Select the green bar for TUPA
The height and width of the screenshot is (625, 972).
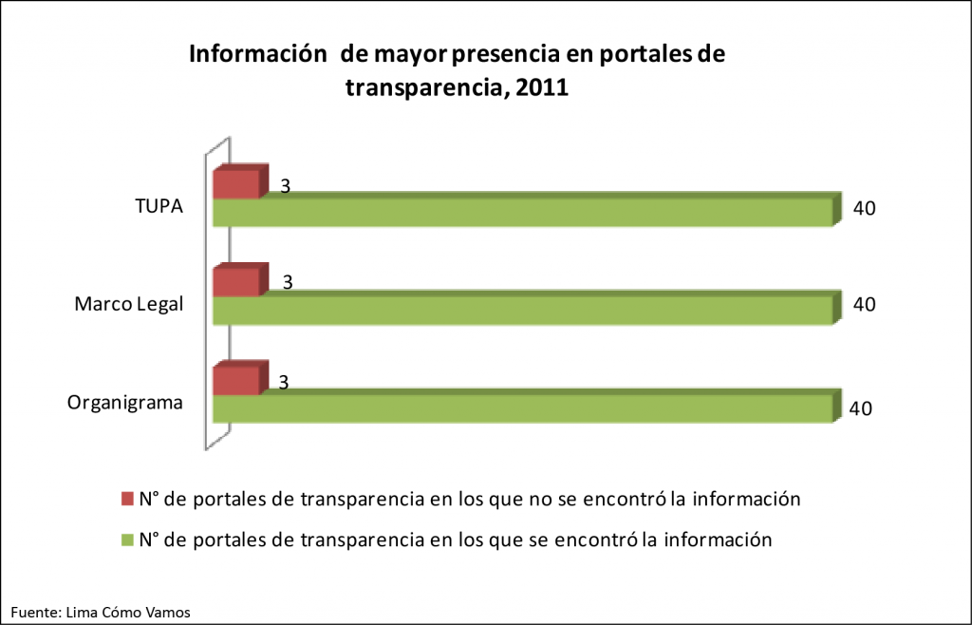point(521,212)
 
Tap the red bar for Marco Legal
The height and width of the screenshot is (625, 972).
point(235,281)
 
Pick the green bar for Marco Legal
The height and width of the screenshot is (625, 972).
point(521,310)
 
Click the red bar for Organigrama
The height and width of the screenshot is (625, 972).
point(235,379)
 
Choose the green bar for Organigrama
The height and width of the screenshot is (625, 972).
point(521,407)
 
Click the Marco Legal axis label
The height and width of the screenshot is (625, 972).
point(128,304)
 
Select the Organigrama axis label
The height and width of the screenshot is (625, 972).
point(125,402)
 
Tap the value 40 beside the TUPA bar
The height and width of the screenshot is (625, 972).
point(863,208)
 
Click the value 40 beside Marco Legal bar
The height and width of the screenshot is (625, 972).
point(863,305)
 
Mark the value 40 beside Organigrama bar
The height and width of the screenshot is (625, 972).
point(861,408)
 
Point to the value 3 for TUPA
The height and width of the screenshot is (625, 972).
point(285,186)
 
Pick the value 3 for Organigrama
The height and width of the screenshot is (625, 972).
point(284,381)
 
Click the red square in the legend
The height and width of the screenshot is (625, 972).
point(128,499)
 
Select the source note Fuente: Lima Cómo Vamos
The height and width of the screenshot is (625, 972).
point(101,613)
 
